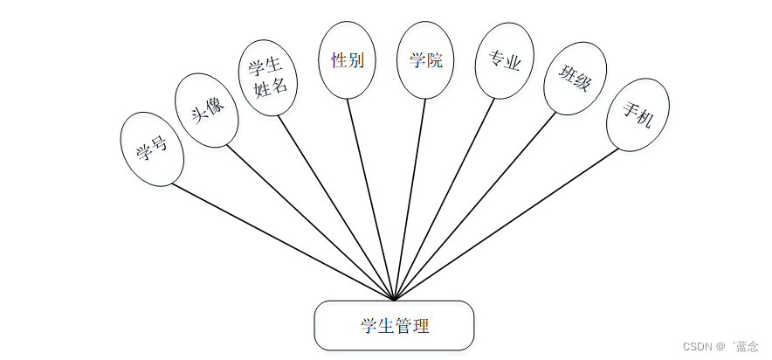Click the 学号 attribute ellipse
point(152,149)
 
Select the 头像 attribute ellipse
point(207,109)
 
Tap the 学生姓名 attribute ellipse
point(268,78)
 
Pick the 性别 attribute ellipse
point(347,60)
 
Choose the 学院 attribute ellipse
point(425,60)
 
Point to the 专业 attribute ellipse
point(504,61)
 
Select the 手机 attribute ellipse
point(638,114)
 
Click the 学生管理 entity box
point(394,326)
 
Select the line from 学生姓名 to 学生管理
point(336,206)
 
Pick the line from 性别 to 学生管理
point(371,198)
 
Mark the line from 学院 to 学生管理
point(410,198)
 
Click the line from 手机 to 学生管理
point(507,225)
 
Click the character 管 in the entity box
point(404,326)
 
